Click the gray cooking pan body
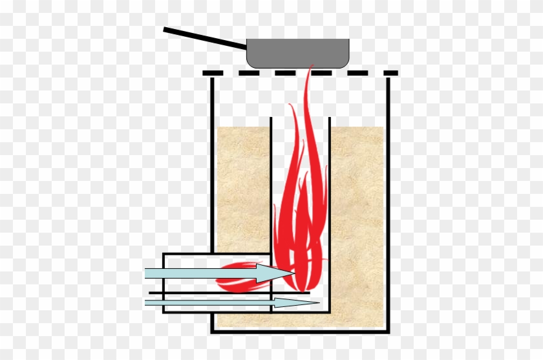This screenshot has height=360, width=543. pos(298,54)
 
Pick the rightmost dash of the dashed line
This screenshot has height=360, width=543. pos(390,73)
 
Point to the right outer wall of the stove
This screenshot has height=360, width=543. pos(388,194)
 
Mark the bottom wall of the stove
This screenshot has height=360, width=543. pos(301,331)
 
